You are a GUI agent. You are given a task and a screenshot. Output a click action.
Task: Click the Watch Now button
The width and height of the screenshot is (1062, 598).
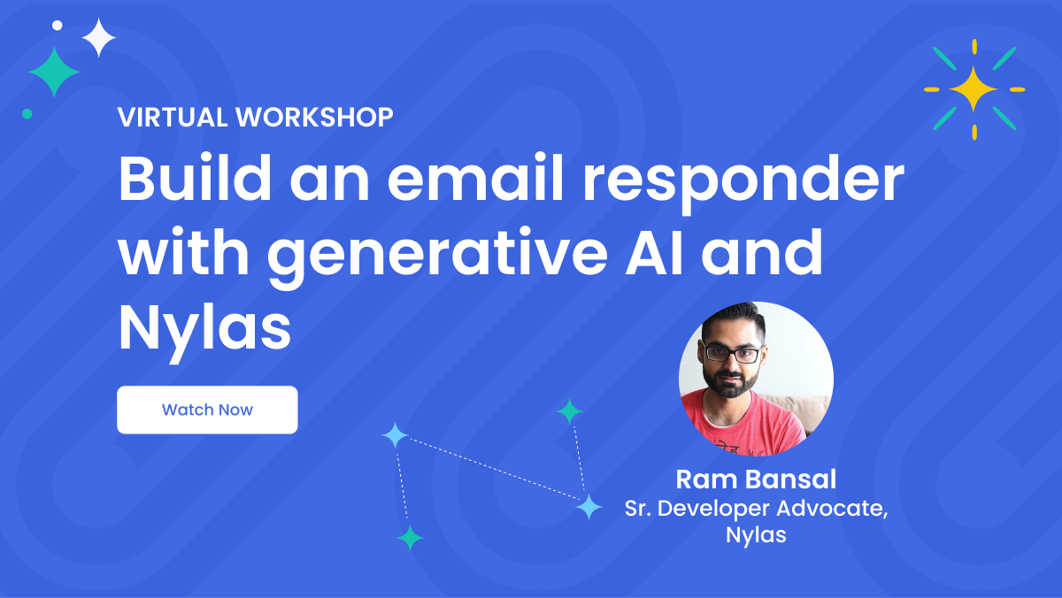coord(207,410)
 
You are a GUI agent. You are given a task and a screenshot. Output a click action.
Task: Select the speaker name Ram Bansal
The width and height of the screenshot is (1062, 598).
coord(756,479)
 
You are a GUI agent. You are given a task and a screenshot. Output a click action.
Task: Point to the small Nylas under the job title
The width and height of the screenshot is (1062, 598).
coord(756,535)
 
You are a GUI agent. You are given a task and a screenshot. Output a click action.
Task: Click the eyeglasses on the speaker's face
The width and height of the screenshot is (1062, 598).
coord(732,354)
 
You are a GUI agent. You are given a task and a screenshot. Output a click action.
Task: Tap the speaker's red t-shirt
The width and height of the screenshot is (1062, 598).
coord(752,425)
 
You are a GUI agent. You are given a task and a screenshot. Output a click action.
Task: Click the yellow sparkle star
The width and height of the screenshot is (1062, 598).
coord(973,88)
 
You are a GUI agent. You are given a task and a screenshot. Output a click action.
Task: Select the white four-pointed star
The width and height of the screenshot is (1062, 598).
coord(99,38)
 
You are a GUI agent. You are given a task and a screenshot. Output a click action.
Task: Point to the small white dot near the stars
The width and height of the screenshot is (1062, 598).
coord(58,26)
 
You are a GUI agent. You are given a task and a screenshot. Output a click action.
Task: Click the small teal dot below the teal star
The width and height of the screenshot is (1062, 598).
coord(27,113)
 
